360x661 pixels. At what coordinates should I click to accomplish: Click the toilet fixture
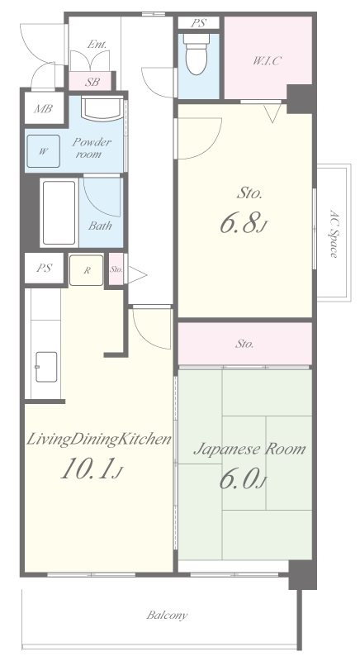tap(197, 54)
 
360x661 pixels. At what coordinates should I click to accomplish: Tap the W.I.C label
tap(267, 60)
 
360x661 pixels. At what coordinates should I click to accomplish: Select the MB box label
tap(43, 109)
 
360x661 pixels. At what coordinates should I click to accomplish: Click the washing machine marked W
tap(44, 151)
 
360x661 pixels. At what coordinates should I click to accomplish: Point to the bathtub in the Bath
tap(59, 212)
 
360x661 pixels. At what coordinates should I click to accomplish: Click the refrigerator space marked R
tap(87, 271)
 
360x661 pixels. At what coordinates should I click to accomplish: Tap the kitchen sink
tap(46, 367)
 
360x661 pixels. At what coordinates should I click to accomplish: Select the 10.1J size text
tap(92, 469)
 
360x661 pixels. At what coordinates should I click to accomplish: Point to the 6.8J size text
tap(244, 224)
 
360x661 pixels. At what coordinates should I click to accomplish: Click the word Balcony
tap(167, 615)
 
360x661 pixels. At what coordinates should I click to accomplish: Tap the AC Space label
tap(334, 233)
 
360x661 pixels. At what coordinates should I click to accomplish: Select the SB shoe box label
tap(92, 82)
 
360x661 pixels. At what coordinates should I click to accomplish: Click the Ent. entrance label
tap(97, 45)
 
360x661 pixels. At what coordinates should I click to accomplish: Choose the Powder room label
tap(92, 148)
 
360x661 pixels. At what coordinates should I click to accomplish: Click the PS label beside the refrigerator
tap(44, 268)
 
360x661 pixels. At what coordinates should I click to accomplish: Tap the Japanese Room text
tap(249, 449)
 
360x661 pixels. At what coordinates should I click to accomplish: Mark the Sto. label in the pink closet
tap(244, 344)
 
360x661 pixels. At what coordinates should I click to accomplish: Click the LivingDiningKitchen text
tap(99, 440)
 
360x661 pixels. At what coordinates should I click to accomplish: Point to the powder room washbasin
tap(102, 109)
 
